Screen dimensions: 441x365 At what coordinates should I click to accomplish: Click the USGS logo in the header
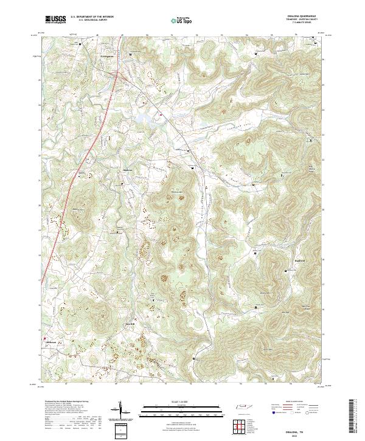click(x=55, y=19)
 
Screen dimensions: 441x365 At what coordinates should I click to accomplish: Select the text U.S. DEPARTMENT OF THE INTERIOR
click(x=92, y=16)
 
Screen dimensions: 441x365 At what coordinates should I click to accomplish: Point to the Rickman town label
click(x=52, y=342)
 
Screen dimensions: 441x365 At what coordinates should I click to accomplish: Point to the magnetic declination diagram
click(x=119, y=410)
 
